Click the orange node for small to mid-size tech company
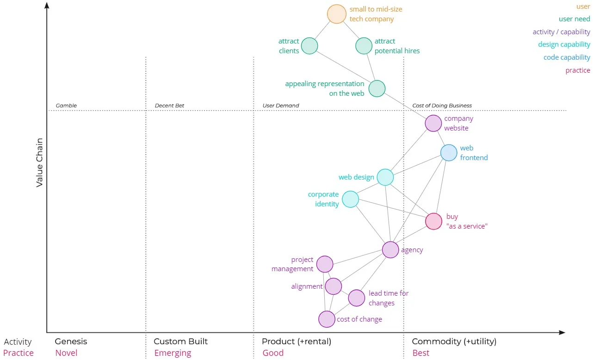[x=336, y=14]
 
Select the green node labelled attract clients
[x=309, y=46]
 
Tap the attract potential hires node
[x=364, y=46]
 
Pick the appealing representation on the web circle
[x=377, y=88]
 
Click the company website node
[x=433, y=124]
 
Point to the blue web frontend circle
[x=449, y=153]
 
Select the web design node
[x=385, y=177]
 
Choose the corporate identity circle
[x=350, y=199]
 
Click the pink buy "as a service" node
[x=433, y=221]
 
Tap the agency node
[x=390, y=250]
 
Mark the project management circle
[x=325, y=264]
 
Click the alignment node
[x=333, y=286]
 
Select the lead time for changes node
[x=356, y=298]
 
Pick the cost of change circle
[x=327, y=319]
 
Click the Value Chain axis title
[x=40, y=162]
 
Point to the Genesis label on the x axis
[x=71, y=341]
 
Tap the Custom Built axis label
[x=180, y=341]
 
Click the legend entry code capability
[x=567, y=57]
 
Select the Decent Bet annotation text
[x=169, y=106]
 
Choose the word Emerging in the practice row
[x=172, y=353]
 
